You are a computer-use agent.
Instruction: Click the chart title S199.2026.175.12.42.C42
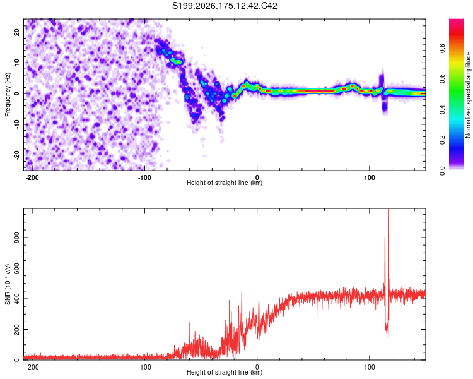tap(225, 6)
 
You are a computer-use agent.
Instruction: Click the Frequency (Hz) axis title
tap(8, 95)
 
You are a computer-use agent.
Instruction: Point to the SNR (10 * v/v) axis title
tap(8, 284)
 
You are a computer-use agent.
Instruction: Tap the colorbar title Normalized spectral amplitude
tap(468, 95)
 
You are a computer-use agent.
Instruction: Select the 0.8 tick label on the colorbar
tap(442, 49)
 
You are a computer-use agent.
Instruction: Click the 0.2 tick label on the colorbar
tap(442, 140)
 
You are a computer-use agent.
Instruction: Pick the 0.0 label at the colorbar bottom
tap(442, 171)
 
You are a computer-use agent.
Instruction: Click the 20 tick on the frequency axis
tap(16, 32)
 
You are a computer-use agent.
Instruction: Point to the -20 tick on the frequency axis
tap(16, 155)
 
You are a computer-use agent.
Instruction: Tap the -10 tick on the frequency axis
tap(16, 124)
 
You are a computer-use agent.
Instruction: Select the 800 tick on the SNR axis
tap(16, 238)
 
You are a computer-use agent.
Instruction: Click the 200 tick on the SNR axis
tap(16, 330)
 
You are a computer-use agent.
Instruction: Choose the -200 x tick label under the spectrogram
tap(32, 177)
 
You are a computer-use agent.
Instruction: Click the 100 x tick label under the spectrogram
tap(369, 177)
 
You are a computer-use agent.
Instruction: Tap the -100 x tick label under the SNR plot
tap(144, 367)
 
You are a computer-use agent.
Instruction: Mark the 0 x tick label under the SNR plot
tap(257, 367)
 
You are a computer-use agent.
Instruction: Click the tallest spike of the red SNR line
tap(388, 209)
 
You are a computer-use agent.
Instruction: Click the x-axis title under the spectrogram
tap(225, 183)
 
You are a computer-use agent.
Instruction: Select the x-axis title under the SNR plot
tap(225, 372)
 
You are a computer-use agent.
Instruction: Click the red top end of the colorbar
tap(457, 21)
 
